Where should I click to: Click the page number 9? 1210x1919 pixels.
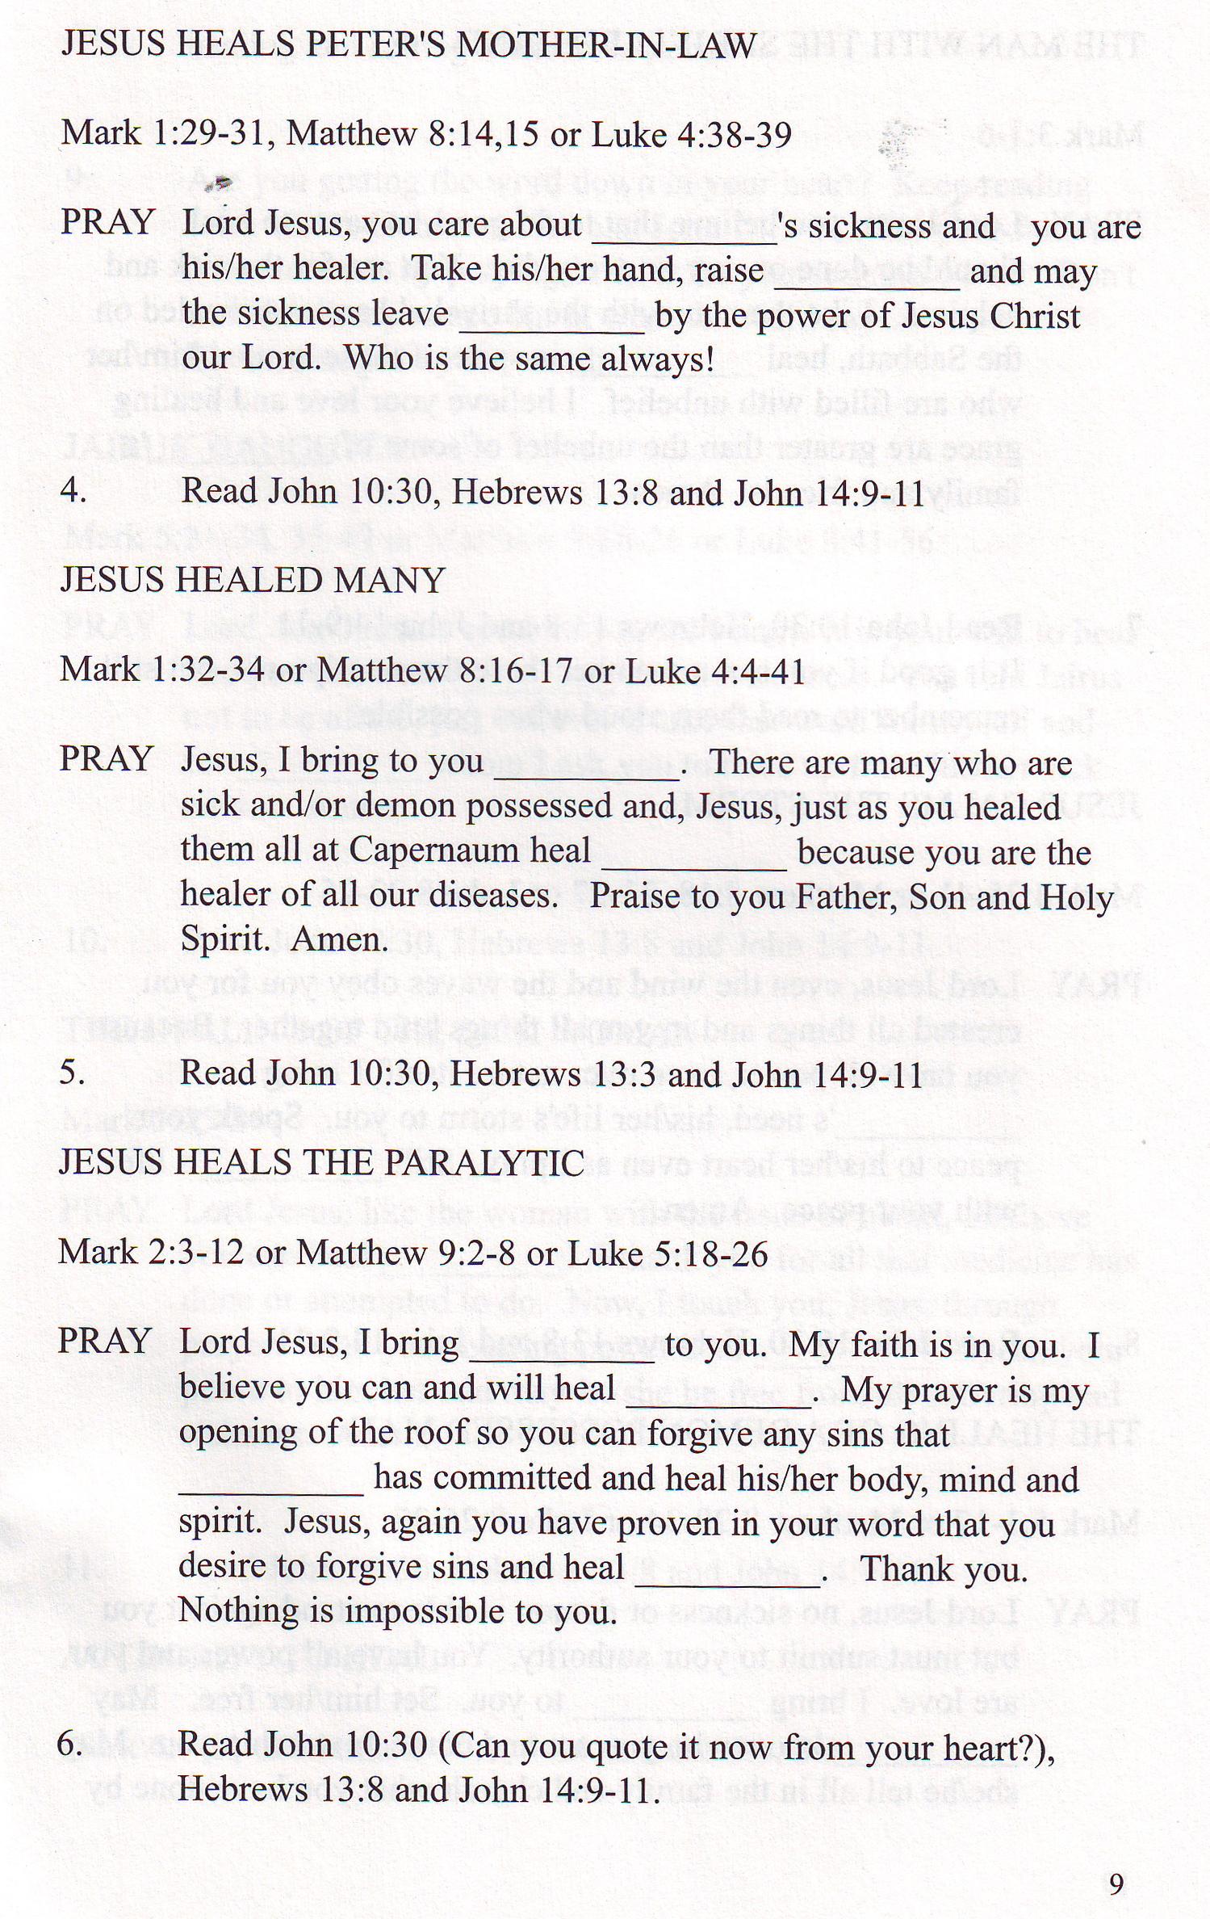pyautogui.click(x=1116, y=1885)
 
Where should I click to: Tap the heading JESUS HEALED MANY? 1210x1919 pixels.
pyautogui.click(x=253, y=581)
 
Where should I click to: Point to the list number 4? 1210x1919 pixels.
pyautogui.click(x=73, y=492)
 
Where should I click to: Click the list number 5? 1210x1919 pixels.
pyautogui.click(x=72, y=1073)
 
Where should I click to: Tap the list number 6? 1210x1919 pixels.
pyautogui.click(x=70, y=1745)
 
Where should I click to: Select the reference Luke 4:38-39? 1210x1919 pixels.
pyautogui.click(x=692, y=135)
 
